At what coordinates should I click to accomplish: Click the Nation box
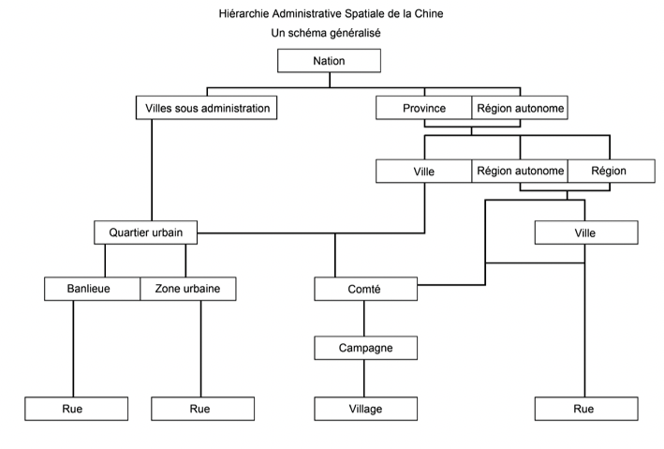click(330, 61)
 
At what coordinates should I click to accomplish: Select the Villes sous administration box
click(208, 109)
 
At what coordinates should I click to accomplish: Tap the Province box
click(423, 109)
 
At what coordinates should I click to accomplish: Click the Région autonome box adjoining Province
click(520, 109)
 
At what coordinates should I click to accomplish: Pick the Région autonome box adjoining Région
click(520, 172)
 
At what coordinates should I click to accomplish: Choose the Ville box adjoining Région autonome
click(423, 172)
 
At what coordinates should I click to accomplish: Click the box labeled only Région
click(610, 172)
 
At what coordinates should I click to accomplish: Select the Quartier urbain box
click(145, 232)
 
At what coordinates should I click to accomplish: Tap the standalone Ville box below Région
click(585, 232)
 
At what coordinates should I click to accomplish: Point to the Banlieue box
click(92, 289)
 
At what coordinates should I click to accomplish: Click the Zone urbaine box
click(187, 289)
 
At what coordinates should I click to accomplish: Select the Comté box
click(363, 289)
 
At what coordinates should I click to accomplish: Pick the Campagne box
click(363, 348)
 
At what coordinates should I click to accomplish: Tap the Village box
click(363, 409)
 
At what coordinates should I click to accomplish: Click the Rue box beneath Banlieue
click(74, 409)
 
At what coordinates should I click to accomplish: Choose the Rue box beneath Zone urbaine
click(200, 409)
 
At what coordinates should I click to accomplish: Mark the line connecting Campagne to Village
click(363, 379)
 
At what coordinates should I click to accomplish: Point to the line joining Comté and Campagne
click(363, 319)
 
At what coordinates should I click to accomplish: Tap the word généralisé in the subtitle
click(353, 33)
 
